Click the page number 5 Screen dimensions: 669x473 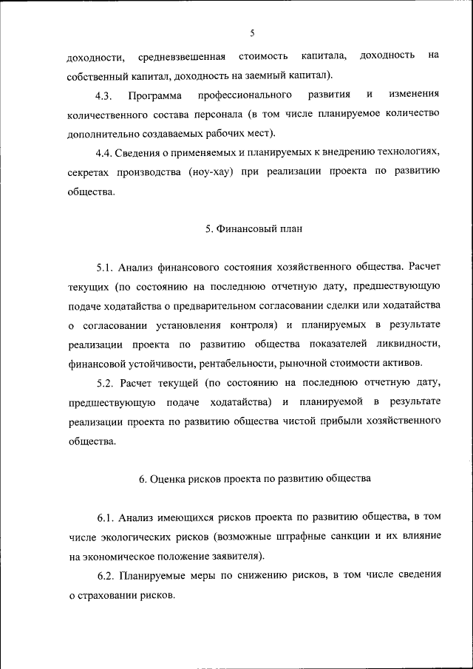point(252,33)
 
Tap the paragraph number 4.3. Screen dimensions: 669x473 point(103,96)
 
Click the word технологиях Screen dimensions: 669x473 point(404,153)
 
